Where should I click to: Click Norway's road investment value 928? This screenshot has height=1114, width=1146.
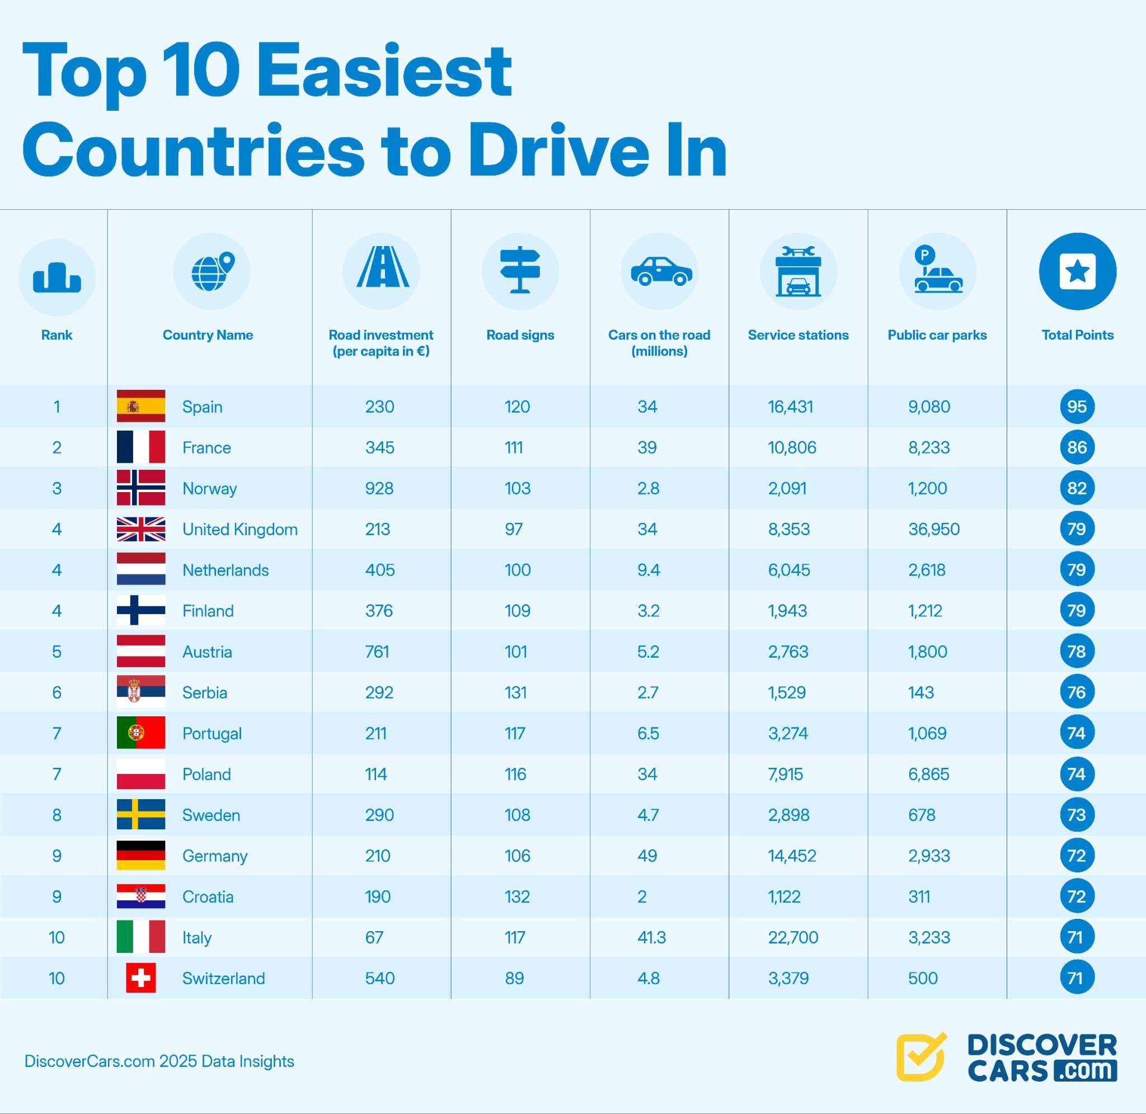(379, 488)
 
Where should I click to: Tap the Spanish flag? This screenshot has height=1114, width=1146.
(141, 406)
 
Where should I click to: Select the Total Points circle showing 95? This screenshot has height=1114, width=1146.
(1077, 407)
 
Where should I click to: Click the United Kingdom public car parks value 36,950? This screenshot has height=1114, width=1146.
(933, 529)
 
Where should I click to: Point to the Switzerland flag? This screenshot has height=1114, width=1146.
(141, 978)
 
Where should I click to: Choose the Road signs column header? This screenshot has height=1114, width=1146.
(520, 335)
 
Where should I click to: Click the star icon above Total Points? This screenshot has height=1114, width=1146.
(1078, 271)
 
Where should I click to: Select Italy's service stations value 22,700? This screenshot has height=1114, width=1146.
(793, 937)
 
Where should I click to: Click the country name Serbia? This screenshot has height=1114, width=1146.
(205, 692)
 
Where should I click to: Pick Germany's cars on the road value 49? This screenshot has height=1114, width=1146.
(647, 856)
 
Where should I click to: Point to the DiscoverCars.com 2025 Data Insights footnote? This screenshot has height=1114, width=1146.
(159, 1061)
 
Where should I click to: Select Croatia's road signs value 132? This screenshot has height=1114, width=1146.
(518, 896)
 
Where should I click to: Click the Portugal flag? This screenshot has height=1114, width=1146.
(141, 733)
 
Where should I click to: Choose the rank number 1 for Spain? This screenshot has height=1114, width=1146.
(57, 407)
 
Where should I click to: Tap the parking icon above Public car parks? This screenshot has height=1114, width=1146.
(937, 271)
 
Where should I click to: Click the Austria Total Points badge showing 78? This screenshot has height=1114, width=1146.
(1077, 651)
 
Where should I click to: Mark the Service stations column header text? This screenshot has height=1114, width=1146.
(798, 335)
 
